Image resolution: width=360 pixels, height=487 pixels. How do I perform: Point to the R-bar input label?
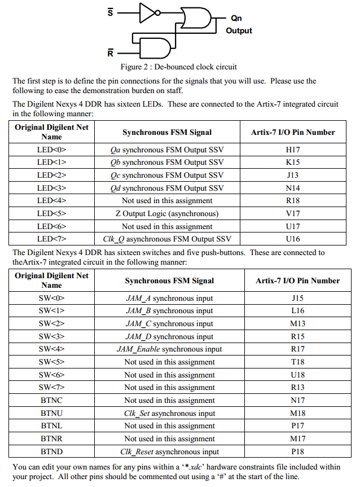coord(111,54)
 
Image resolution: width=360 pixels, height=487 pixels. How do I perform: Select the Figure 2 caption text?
coord(179,67)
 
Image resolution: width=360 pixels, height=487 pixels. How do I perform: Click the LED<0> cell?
coord(52,150)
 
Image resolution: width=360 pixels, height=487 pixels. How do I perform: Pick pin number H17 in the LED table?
coord(293,150)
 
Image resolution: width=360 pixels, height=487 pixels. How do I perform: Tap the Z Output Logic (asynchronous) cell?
coord(167,213)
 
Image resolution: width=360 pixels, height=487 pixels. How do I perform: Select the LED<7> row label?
coord(52,239)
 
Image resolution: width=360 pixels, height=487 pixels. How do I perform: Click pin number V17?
coord(293,213)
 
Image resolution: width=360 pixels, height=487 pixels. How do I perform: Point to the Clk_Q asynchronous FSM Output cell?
coord(167,239)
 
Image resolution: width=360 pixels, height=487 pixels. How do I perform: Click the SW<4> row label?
coord(52,349)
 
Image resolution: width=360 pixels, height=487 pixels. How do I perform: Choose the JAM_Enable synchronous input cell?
coord(169,349)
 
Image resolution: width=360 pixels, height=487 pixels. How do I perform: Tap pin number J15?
coord(297,298)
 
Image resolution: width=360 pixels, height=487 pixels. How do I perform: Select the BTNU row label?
coord(52,413)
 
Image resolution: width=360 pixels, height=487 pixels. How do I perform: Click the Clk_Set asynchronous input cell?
coord(169,413)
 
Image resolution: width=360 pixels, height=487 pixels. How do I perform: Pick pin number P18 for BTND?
coord(297,451)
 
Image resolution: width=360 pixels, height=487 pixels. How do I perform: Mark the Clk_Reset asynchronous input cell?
coord(169,451)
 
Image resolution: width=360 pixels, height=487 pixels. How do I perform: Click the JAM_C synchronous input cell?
coord(169,323)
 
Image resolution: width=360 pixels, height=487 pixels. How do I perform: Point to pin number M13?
coord(297,323)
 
